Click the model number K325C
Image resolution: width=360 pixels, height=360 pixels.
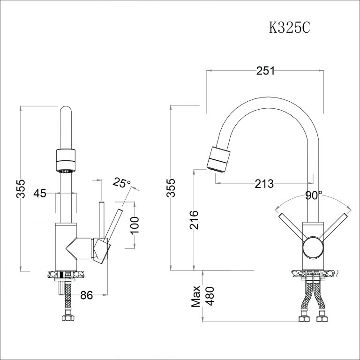289,28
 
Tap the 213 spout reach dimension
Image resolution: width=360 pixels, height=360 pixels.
264,183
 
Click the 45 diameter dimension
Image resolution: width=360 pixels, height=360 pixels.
40,193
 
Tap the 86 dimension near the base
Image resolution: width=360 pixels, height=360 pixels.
87,295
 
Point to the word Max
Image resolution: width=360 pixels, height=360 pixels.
195,296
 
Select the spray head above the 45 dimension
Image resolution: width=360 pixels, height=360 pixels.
65,161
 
